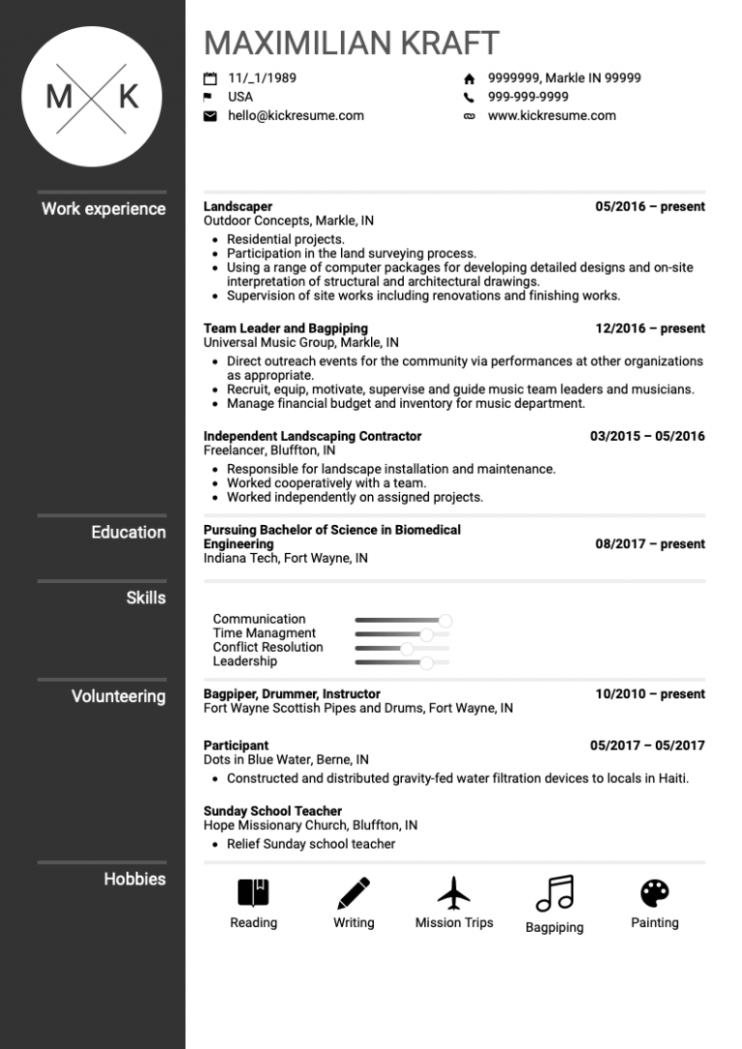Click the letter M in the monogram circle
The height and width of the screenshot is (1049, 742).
pyautogui.click(x=59, y=97)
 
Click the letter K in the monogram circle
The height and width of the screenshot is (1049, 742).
pyautogui.click(x=128, y=97)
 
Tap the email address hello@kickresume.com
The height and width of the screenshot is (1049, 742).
pyautogui.click(x=296, y=115)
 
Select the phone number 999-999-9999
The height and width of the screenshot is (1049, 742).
pyautogui.click(x=528, y=97)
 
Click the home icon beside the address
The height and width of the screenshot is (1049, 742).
pyautogui.click(x=470, y=78)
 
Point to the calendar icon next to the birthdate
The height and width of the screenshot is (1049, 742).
pyautogui.click(x=210, y=78)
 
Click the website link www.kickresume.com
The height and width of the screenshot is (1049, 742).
pyautogui.click(x=552, y=115)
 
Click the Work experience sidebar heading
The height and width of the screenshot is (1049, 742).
pyautogui.click(x=103, y=209)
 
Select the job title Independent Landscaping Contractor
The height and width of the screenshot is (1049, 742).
pyautogui.click(x=312, y=436)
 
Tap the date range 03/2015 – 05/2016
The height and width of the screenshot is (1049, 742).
pyautogui.click(x=647, y=436)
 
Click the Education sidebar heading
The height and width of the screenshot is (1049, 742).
pyautogui.click(x=128, y=532)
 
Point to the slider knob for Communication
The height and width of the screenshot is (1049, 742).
pyautogui.click(x=445, y=620)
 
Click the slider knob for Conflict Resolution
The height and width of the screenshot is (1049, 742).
pyautogui.click(x=407, y=648)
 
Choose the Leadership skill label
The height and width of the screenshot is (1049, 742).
pyautogui.click(x=244, y=661)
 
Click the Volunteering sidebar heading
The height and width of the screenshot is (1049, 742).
pyautogui.click(x=118, y=696)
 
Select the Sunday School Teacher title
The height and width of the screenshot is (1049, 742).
pyautogui.click(x=272, y=811)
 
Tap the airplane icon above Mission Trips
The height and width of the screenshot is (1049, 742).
pyautogui.click(x=453, y=892)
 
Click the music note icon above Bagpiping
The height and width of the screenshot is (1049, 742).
pyautogui.click(x=555, y=893)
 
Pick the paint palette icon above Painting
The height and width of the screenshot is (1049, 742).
pyautogui.click(x=654, y=892)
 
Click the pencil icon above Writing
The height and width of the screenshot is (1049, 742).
pyautogui.click(x=354, y=892)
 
